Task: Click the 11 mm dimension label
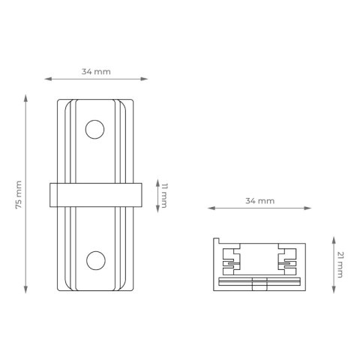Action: [x=163, y=195]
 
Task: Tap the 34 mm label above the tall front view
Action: [x=95, y=71]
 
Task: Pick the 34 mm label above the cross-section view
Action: [x=259, y=201]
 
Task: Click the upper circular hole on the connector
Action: [x=95, y=130]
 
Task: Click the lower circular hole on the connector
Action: [x=95, y=260]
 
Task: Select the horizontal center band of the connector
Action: [x=95, y=195]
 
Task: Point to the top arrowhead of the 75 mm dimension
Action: [x=27, y=97]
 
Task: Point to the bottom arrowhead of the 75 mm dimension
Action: [x=27, y=292]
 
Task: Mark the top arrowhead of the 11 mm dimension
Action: [x=155, y=182]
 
